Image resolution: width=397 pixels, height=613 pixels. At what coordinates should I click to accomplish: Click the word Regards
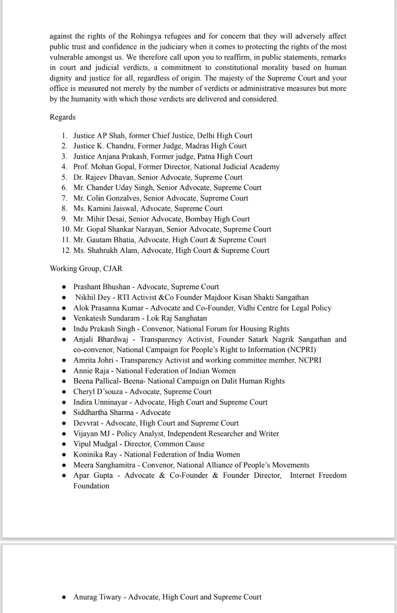coord(62,117)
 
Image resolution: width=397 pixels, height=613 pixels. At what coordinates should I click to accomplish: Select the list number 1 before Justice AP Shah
coord(64,136)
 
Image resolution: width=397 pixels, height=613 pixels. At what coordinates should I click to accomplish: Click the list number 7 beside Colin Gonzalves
coord(64,198)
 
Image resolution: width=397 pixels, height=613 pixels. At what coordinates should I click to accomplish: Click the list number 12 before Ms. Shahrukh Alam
coord(66,250)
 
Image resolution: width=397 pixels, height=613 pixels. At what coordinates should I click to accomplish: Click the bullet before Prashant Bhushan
coord(64,287)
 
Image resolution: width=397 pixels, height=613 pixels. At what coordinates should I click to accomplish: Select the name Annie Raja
coord(91,371)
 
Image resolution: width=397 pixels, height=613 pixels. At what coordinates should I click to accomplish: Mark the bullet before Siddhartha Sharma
coord(64,413)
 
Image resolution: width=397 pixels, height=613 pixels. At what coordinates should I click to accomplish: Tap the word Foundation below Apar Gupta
coord(91,486)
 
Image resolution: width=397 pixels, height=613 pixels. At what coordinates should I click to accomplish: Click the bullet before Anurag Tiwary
coord(64,597)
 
